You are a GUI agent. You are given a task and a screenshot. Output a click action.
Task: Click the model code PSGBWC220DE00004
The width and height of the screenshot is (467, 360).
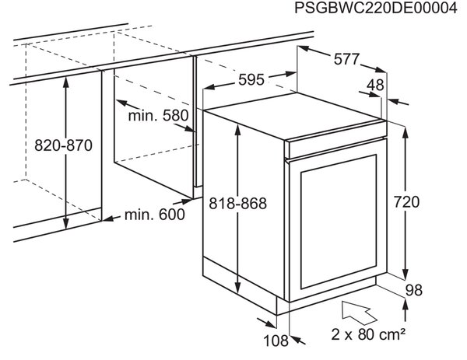click(x=376, y=8)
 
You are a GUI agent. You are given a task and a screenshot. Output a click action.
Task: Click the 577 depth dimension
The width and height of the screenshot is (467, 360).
click(x=346, y=59)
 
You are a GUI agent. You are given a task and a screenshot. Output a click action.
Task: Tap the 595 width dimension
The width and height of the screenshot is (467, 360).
click(x=251, y=80)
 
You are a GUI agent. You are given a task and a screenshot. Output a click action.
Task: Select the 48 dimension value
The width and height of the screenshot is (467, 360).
click(x=375, y=85)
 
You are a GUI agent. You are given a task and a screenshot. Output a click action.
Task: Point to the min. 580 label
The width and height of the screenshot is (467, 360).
click(x=158, y=115)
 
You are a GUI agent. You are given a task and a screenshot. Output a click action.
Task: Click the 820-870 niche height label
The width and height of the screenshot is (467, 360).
click(x=64, y=145)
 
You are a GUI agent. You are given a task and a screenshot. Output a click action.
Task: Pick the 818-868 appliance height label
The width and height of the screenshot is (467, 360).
click(x=237, y=204)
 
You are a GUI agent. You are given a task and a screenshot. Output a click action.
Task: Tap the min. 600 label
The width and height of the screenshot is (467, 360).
click(x=155, y=215)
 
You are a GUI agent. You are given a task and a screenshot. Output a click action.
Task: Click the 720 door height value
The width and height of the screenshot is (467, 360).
click(x=406, y=201)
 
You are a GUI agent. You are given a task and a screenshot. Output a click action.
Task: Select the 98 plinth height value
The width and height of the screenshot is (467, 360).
click(x=414, y=290)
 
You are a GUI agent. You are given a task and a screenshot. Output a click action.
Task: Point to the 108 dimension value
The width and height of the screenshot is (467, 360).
click(x=276, y=341)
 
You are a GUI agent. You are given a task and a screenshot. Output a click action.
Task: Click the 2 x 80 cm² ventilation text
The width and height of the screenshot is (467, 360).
click(x=368, y=334)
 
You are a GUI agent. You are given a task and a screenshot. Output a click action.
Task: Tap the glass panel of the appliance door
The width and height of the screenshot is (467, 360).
click(x=339, y=222)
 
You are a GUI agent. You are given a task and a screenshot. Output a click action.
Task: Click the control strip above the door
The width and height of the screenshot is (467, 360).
click(x=335, y=148)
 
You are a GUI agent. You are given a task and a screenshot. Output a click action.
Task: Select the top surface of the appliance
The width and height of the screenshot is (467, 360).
click(x=295, y=116)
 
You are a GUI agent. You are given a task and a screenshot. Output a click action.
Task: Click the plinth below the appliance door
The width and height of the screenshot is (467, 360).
click(x=326, y=296)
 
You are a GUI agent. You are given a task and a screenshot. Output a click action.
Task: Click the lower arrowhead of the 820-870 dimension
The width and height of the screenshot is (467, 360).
click(x=66, y=224)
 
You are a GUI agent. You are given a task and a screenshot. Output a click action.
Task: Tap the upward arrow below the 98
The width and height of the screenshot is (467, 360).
click(x=405, y=310)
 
